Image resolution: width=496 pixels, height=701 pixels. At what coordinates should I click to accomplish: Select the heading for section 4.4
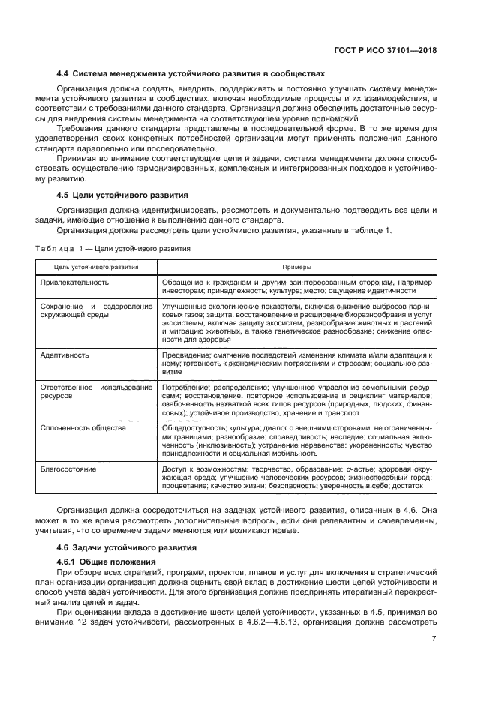coord(191,74)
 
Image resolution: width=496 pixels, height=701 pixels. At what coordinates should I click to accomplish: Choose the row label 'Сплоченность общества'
coord(82,427)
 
